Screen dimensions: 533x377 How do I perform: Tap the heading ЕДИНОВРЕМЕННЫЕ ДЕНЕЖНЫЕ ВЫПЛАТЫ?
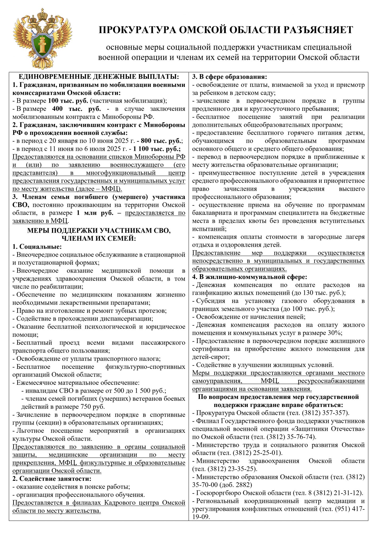tap(99, 77)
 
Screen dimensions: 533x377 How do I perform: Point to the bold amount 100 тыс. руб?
tap(68, 101)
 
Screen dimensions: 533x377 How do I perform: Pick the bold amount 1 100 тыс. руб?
tap(157, 149)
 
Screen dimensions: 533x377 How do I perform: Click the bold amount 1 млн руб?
tap(95, 213)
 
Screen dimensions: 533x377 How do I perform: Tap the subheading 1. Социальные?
tap(37, 247)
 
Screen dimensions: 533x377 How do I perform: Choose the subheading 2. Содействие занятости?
tap(52, 479)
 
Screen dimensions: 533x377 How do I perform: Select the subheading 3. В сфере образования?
tap(230, 77)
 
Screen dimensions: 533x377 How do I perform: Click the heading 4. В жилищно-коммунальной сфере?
tap(250, 277)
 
